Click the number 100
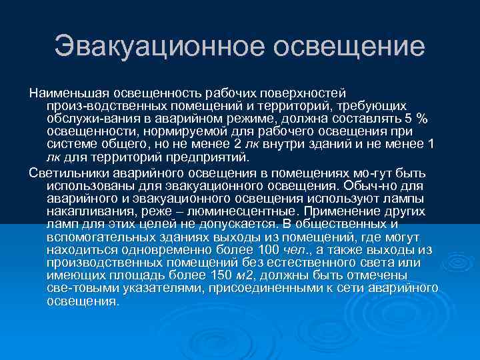point(268,249)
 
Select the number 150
point(202,275)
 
